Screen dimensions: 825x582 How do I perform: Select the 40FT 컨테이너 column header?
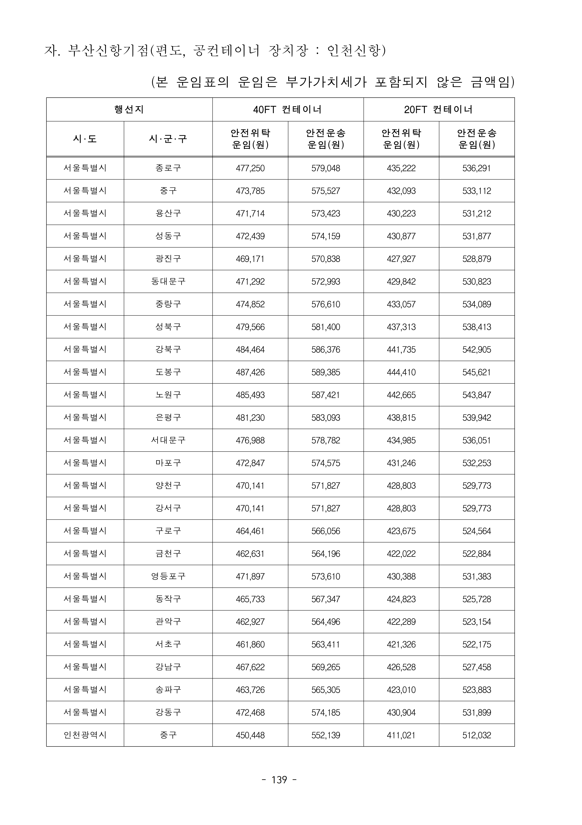[x=288, y=110]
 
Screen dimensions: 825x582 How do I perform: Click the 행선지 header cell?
[x=129, y=110]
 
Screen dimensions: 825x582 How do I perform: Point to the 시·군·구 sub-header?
[x=168, y=139]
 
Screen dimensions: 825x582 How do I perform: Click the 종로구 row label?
[x=168, y=168]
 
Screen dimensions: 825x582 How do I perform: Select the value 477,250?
[x=250, y=168]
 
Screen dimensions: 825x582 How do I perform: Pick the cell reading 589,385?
[x=326, y=372]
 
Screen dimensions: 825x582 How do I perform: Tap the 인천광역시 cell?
[x=85, y=735]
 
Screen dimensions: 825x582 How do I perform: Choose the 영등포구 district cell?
[x=168, y=576]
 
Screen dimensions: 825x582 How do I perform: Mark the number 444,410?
[x=401, y=372]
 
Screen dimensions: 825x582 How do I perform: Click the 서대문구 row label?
[x=168, y=440]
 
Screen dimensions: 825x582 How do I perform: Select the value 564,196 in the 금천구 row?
[x=326, y=554]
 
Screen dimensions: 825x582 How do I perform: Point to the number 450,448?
[x=250, y=735]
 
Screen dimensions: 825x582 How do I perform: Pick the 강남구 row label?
[x=168, y=667]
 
